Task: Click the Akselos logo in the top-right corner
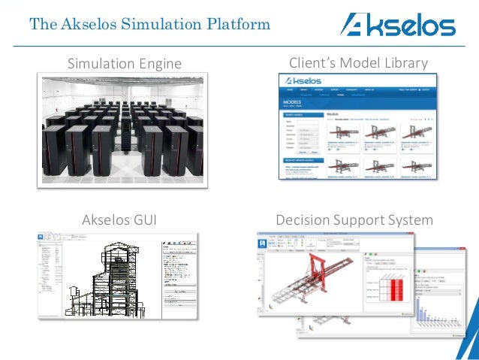[x=397, y=25]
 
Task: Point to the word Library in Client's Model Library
[x=405, y=62]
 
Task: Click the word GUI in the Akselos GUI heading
[x=142, y=220]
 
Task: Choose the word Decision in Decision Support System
[x=303, y=220]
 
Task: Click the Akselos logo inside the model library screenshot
[x=300, y=80]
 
